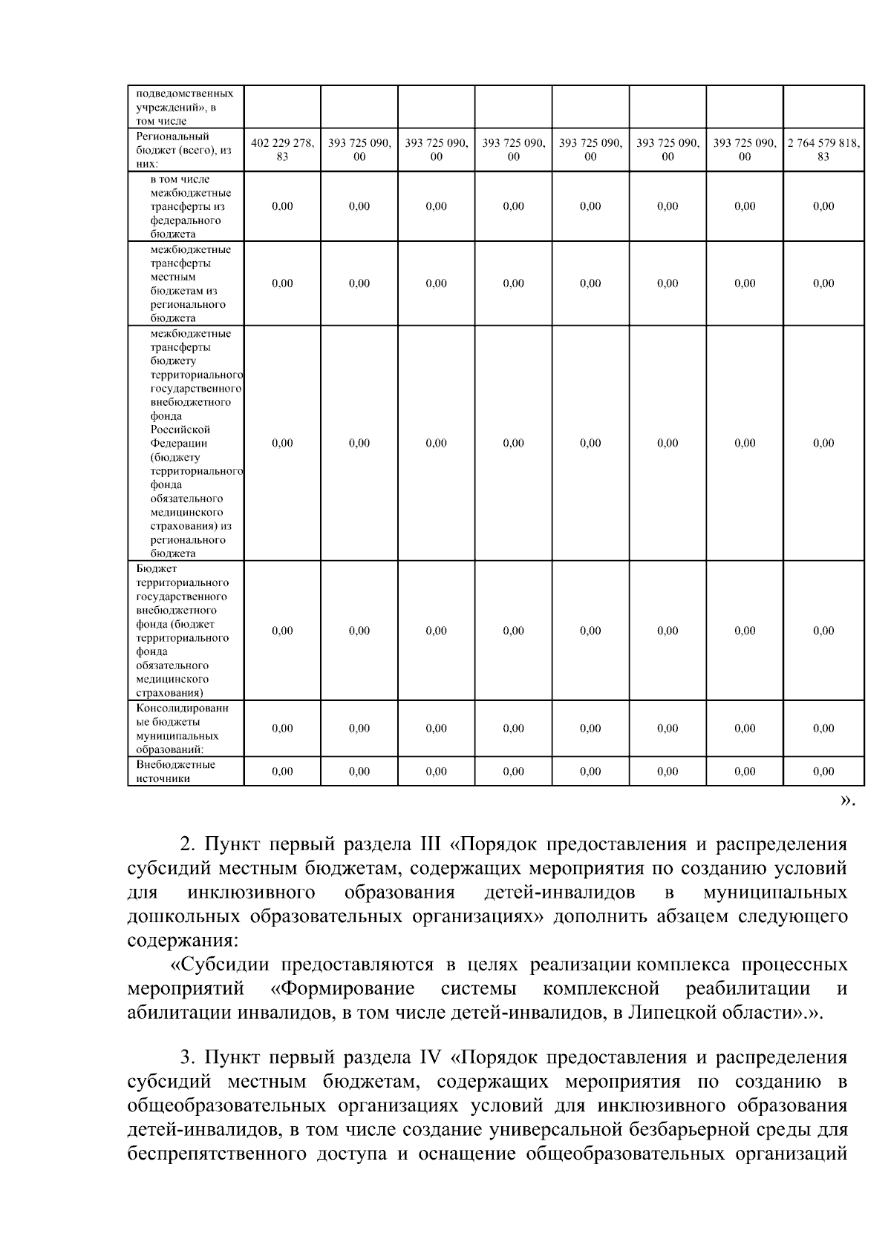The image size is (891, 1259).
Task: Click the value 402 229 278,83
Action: point(282,150)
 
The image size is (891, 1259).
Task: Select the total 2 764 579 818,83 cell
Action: point(823,150)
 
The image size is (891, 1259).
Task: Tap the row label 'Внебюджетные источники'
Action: point(176,771)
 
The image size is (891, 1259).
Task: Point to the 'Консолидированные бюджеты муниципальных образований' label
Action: point(182,729)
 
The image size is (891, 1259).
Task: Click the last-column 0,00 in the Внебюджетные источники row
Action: point(823,772)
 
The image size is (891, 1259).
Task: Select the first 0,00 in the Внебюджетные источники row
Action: point(282,772)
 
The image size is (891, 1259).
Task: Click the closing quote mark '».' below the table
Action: point(847,800)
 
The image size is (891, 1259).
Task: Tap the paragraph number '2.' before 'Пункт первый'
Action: point(188,845)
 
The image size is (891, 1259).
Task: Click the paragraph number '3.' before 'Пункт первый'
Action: point(188,1057)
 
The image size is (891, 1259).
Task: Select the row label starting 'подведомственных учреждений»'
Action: point(185,107)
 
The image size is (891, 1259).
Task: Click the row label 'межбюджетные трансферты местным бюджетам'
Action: point(190,283)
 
